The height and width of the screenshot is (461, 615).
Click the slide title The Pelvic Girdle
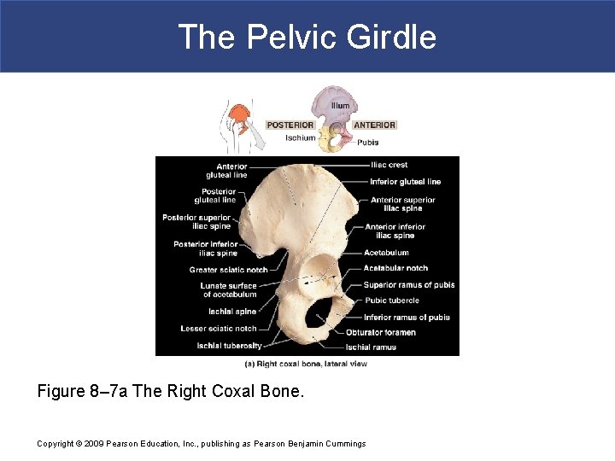tap(307, 38)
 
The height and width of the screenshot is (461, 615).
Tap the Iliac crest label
tap(389, 165)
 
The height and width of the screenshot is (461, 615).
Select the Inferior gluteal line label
tap(405, 182)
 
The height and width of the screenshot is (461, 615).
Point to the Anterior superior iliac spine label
tap(402, 204)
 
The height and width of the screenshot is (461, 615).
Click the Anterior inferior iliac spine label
tap(395, 230)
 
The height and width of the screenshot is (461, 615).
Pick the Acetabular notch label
tap(395, 268)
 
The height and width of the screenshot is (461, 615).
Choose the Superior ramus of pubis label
tap(409, 285)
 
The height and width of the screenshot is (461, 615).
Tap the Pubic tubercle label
tap(391, 301)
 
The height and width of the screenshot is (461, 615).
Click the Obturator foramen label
tap(381, 332)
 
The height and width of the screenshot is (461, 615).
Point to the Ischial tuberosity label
tap(229, 346)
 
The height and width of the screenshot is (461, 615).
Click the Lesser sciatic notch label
tap(219, 329)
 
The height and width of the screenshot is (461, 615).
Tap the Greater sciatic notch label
tap(228, 270)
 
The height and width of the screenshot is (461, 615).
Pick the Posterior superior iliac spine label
tap(196, 222)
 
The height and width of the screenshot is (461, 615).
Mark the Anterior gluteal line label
tap(231, 171)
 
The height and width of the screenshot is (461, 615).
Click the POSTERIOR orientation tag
tap(290, 125)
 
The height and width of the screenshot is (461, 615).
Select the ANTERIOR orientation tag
tap(374, 125)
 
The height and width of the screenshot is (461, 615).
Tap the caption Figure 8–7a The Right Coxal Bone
tap(171, 392)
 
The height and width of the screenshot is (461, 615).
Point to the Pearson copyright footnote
tap(202, 444)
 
